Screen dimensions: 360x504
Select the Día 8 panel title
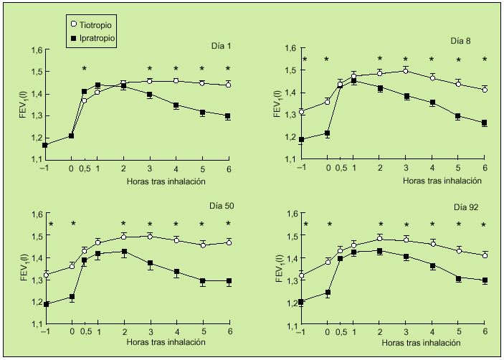[461, 42]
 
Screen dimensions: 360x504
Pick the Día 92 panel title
[466, 207]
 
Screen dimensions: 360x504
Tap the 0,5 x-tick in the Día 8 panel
[340, 169]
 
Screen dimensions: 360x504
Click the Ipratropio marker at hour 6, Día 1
[228, 116]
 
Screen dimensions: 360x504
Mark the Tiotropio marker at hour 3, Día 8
[406, 70]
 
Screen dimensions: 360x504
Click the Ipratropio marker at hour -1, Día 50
[46, 304]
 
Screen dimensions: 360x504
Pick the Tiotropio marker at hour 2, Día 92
[380, 238]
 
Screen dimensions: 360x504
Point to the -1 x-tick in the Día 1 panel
[45, 169]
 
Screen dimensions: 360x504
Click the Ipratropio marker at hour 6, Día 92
[485, 280]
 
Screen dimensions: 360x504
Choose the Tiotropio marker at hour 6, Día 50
[228, 242]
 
